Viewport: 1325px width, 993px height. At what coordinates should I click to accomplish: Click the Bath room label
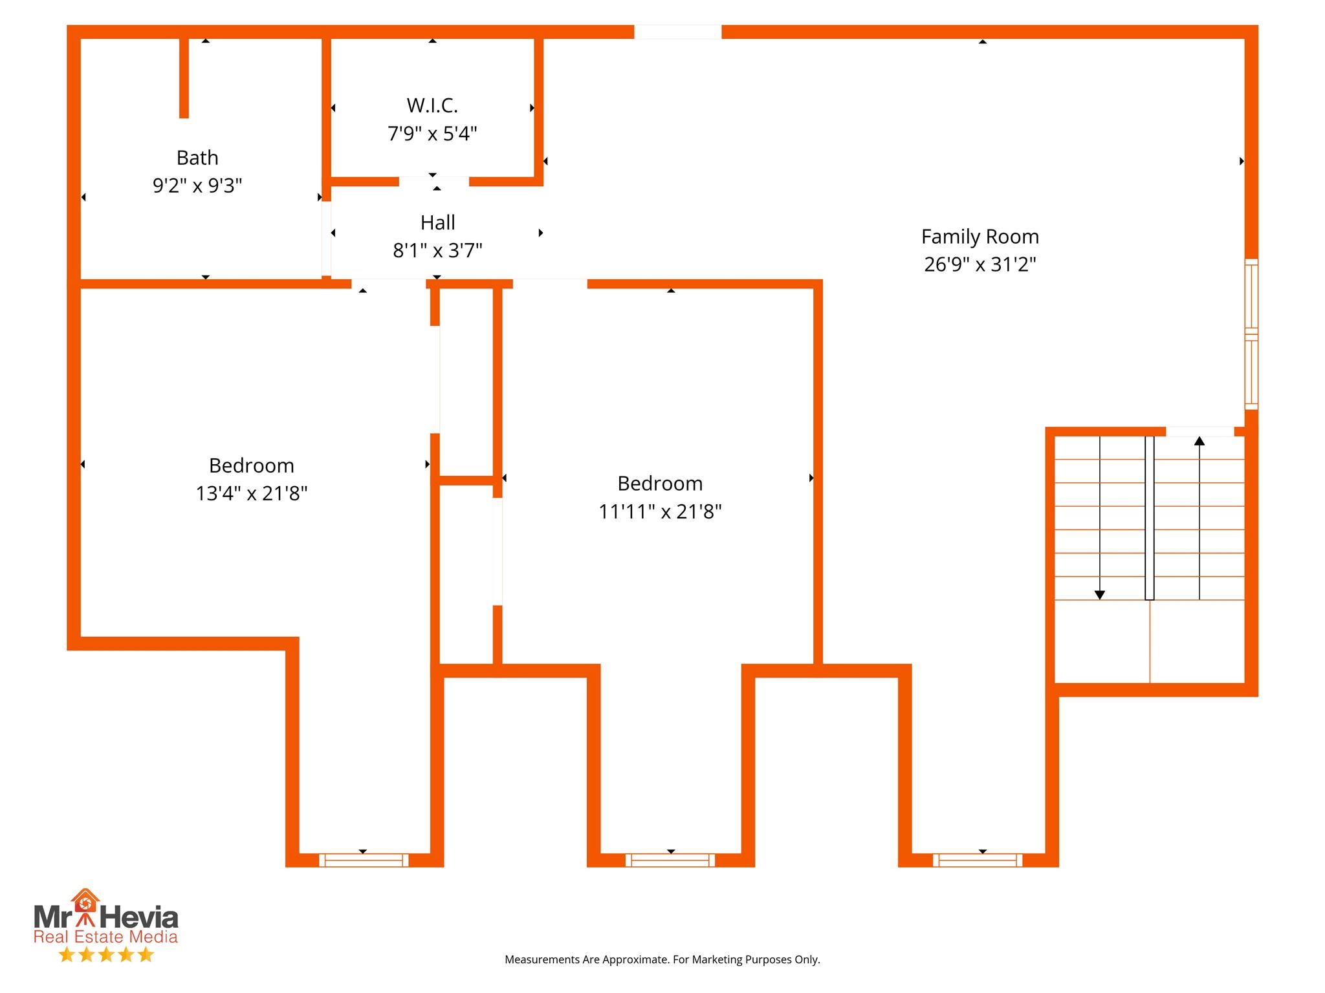pos(197,158)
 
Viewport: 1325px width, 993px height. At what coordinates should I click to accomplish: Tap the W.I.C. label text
pos(432,105)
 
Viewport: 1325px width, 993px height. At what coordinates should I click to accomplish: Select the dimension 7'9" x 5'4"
pos(432,134)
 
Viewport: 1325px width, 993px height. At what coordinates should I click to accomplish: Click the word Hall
pos(438,223)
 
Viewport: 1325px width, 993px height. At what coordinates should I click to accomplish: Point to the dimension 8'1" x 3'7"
pos(438,251)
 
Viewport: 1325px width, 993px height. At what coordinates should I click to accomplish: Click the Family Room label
pos(980,237)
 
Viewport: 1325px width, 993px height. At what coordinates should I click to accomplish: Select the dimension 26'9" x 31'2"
pos(980,264)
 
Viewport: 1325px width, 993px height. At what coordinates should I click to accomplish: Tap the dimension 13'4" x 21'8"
pos(252,494)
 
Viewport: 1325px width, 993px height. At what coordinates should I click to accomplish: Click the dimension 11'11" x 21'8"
pos(660,512)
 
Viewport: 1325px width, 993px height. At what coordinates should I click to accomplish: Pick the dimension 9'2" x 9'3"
pos(197,186)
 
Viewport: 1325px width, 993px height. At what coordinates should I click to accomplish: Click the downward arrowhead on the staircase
pos(1100,595)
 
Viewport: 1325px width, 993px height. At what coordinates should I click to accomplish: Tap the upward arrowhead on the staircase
pos(1199,442)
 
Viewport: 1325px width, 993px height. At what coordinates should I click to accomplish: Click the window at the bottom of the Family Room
pos(978,860)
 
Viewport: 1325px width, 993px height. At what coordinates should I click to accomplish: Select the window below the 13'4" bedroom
pos(364,860)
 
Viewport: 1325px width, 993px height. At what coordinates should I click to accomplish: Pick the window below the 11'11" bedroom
pos(670,860)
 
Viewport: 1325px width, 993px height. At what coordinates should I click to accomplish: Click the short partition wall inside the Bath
pos(184,78)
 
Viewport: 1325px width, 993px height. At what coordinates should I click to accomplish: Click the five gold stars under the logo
pos(106,955)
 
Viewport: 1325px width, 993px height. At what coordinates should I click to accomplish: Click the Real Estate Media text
pos(105,937)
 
